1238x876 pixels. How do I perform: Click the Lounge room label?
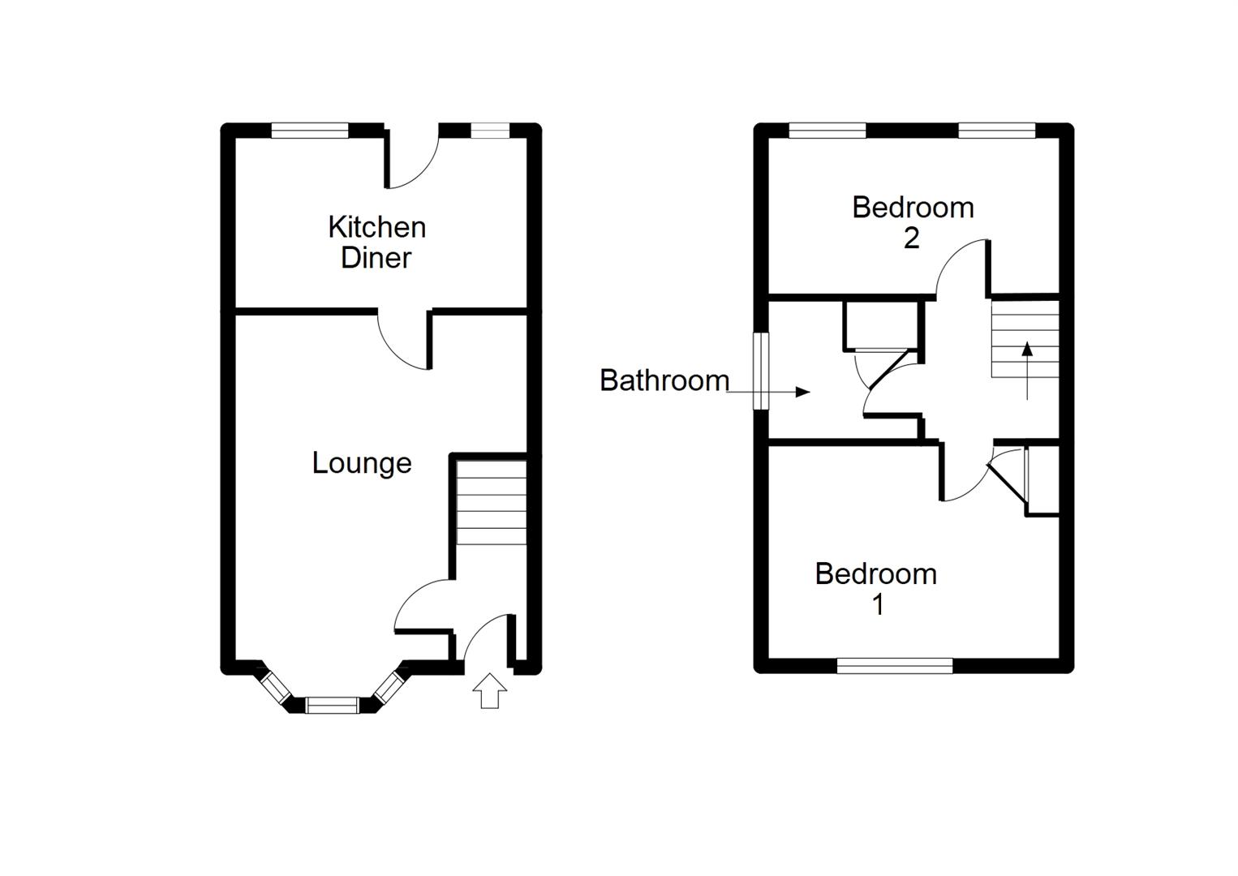[362, 463]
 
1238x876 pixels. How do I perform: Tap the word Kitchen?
[376, 227]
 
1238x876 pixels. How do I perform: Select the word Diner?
[376, 258]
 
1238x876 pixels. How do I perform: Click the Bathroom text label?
[664, 380]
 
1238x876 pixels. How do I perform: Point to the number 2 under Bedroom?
[911, 238]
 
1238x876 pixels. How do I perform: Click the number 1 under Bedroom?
[877, 605]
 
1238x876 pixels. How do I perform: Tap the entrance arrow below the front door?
[489, 691]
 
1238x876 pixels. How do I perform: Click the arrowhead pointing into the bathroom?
[802, 393]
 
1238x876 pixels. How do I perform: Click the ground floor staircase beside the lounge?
[491, 502]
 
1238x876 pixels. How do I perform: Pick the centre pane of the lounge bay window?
[332, 705]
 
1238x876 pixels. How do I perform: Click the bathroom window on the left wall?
[760, 371]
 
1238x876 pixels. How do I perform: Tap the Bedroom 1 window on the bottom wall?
[894, 666]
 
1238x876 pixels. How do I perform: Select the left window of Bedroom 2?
[827, 131]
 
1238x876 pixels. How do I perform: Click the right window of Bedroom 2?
[996, 131]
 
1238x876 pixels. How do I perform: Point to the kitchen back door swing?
[412, 162]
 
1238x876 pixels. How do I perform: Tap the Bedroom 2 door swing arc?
[961, 268]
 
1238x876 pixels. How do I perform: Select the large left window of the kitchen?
[310, 131]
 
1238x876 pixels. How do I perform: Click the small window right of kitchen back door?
[490, 131]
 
